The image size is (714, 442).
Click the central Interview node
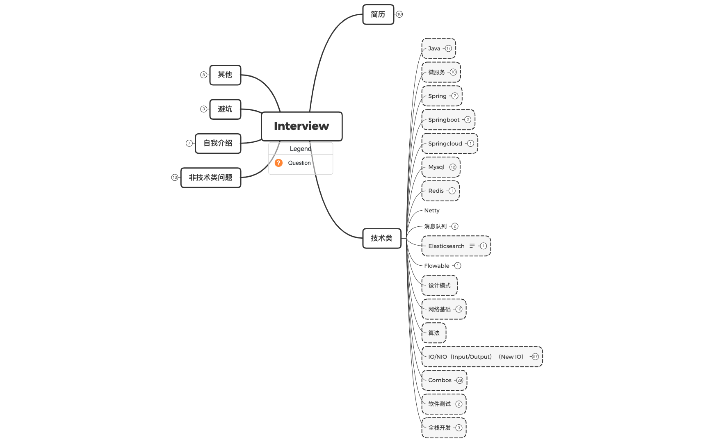tap(301, 126)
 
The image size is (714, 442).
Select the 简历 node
tap(378, 14)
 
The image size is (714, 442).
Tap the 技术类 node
tap(381, 238)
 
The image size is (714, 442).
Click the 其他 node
tap(225, 75)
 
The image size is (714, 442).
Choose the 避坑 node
tap(225, 109)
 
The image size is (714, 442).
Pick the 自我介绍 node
tap(218, 143)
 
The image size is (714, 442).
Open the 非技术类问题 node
tap(210, 178)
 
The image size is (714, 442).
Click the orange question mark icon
tap(278, 163)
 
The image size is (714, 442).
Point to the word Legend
tap(300, 148)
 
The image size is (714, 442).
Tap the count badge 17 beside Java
tap(448, 48)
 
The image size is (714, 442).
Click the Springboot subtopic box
tap(444, 120)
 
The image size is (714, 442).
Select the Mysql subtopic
tap(436, 167)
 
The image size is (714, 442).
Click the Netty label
tap(432, 210)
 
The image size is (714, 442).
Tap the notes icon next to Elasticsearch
tap(472, 246)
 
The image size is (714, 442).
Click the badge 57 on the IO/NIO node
tap(535, 357)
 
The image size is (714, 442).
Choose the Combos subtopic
tap(440, 380)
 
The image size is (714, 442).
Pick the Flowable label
tap(437, 266)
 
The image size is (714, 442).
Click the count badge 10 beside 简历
tap(399, 14)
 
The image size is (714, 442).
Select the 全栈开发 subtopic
tap(439, 428)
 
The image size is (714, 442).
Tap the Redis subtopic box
tap(436, 191)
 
